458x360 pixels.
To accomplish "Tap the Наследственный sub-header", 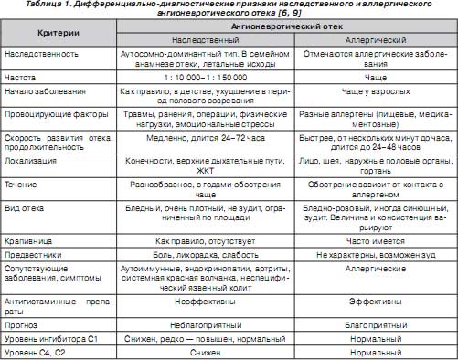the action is [x=193, y=42].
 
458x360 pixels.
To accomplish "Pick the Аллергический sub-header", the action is [x=376, y=42].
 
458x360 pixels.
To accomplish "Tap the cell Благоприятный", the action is [x=376, y=326].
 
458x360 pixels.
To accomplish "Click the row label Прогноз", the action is [x=27, y=326].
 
